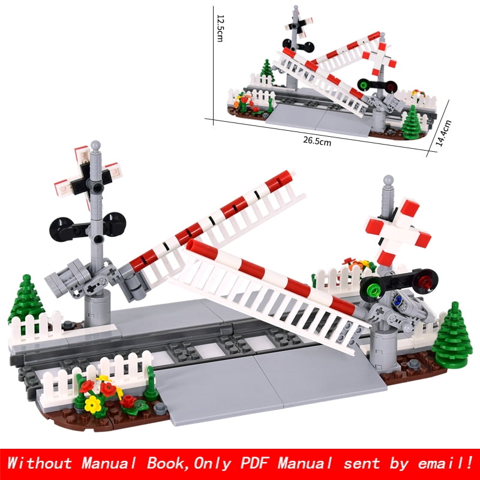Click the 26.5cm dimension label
(x=316, y=142)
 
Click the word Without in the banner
(x=40, y=463)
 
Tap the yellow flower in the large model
(x=93, y=404)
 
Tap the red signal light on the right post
(x=426, y=280)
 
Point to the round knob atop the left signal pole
(x=95, y=146)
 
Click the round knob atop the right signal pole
(x=388, y=179)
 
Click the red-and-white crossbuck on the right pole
(x=397, y=231)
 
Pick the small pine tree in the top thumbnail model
(x=411, y=123)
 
